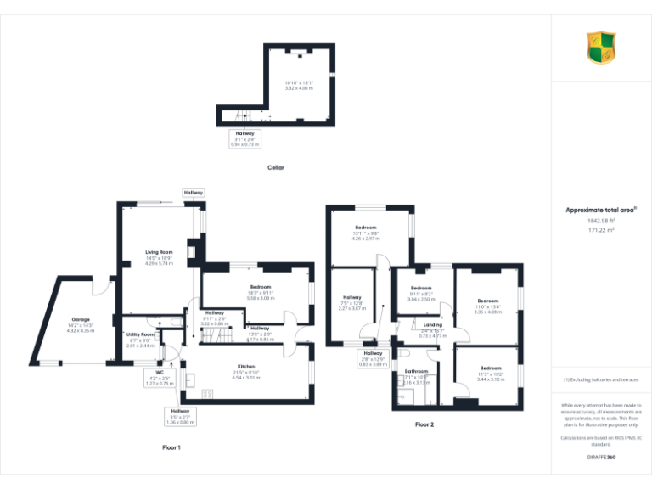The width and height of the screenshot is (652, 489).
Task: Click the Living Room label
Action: (x=159, y=252)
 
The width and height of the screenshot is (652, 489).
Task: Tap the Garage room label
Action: (x=81, y=319)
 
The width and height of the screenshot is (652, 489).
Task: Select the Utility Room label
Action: (x=140, y=334)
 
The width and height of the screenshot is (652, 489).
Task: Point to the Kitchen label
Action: (x=246, y=366)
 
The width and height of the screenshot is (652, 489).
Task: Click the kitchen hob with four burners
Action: (x=207, y=393)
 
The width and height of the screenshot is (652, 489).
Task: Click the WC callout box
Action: (x=159, y=378)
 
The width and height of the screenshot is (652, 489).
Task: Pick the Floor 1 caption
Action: (x=171, y=447)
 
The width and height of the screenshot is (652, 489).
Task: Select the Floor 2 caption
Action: (x=424, y=424)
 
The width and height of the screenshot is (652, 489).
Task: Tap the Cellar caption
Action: (x=276, y=167)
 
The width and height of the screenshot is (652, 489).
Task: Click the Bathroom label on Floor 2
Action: (x=416, y=371)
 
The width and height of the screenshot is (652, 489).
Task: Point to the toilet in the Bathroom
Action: (x=404, y=352)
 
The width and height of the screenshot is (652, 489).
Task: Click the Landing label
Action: (x=432, y=325)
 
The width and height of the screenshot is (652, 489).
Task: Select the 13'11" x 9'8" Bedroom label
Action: (x=367, y=228)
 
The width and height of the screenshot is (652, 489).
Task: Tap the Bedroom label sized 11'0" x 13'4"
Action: (x=487, y=301)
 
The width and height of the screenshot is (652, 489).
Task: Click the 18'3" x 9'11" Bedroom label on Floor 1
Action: (x=260, y=288)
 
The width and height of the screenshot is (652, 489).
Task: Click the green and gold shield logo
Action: (x=601, y=48)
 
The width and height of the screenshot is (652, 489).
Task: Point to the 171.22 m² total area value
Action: (x=600, y=230)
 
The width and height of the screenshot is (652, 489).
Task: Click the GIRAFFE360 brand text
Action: (x=600, y=458)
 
